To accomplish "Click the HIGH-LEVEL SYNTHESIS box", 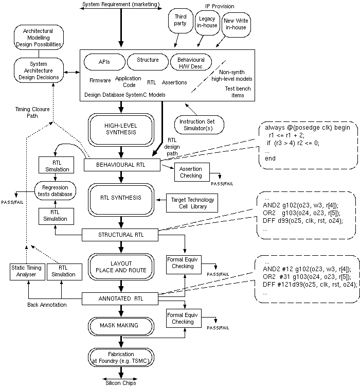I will pyautogui.click(x=120, y=128).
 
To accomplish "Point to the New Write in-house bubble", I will pyautogui.click(x=236, y=24).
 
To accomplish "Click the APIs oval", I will pyautogui.click(x=104, y=61).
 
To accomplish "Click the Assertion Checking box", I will pyautogui.click(x=191, y=172).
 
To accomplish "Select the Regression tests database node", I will pyautogui.click(x=56, y=190).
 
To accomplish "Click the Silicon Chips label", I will pyautogui.click(x=121, y=383).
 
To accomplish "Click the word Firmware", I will pyautogui.click(x=100, y=81).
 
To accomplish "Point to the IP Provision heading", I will pyautogui.click(x=220, y=6).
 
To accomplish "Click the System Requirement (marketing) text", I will pyautogui.click(x=121, y=5).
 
